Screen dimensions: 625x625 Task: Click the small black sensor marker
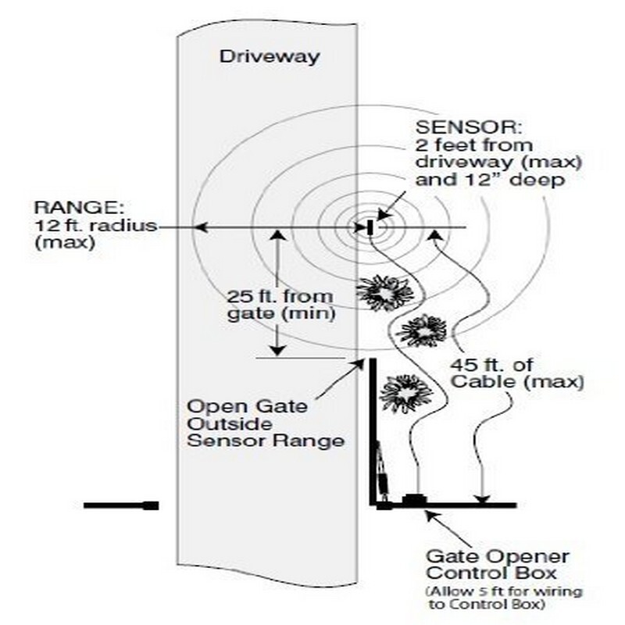click(x=369, y=227)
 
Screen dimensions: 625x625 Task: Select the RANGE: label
click(x=69, y=208)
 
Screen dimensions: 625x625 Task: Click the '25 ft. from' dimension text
click(x=280, y=298)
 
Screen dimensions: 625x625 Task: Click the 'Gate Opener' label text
click(x=509, y=557)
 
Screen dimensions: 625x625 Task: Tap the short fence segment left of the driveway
click(x=121, y=505)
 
